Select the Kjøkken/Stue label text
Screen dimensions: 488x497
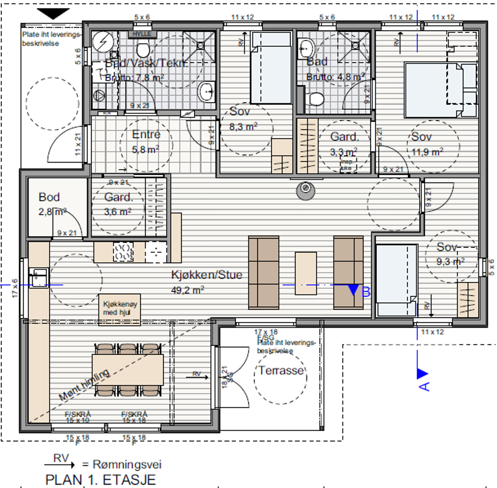(207, 275)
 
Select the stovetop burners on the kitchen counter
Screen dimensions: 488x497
(123, 252)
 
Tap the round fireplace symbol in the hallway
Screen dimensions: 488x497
(305, 190)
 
